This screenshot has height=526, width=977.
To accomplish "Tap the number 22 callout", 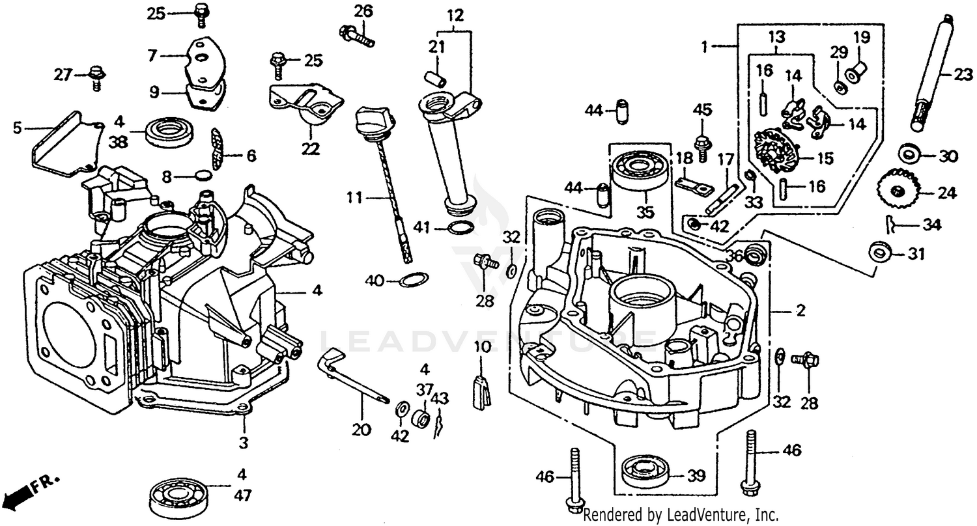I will pos(310,149).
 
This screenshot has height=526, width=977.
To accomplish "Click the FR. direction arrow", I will pos(29,492).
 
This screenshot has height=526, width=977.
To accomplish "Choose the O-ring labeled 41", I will pos(461,227).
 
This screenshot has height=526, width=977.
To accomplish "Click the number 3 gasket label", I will pos(243,443).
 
